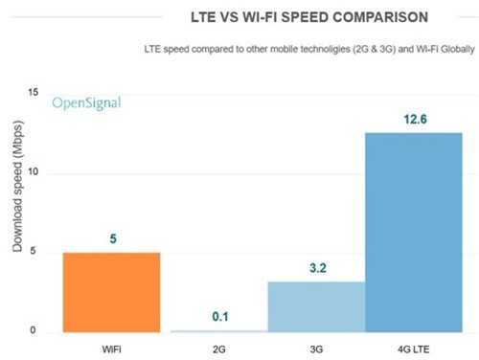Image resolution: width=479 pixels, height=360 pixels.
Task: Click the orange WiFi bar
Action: pyautogui.click(x=111, y=292)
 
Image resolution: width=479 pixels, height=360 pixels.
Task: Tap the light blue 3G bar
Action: pyautogui.click(x=316, y=306)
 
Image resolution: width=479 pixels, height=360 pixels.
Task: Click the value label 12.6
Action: pyautogui.click(x=413, y=119)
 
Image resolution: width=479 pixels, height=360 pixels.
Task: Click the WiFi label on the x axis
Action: pyautogui.click(x=111, y=347)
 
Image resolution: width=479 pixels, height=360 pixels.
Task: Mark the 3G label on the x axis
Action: pyautogui.click(x=316, y=347)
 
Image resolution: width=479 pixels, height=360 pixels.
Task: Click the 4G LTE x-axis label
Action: pyautogui.click(x=413, y=347)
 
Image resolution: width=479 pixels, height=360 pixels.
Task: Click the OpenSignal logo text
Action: pyautogui.click(x=86, y=102)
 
